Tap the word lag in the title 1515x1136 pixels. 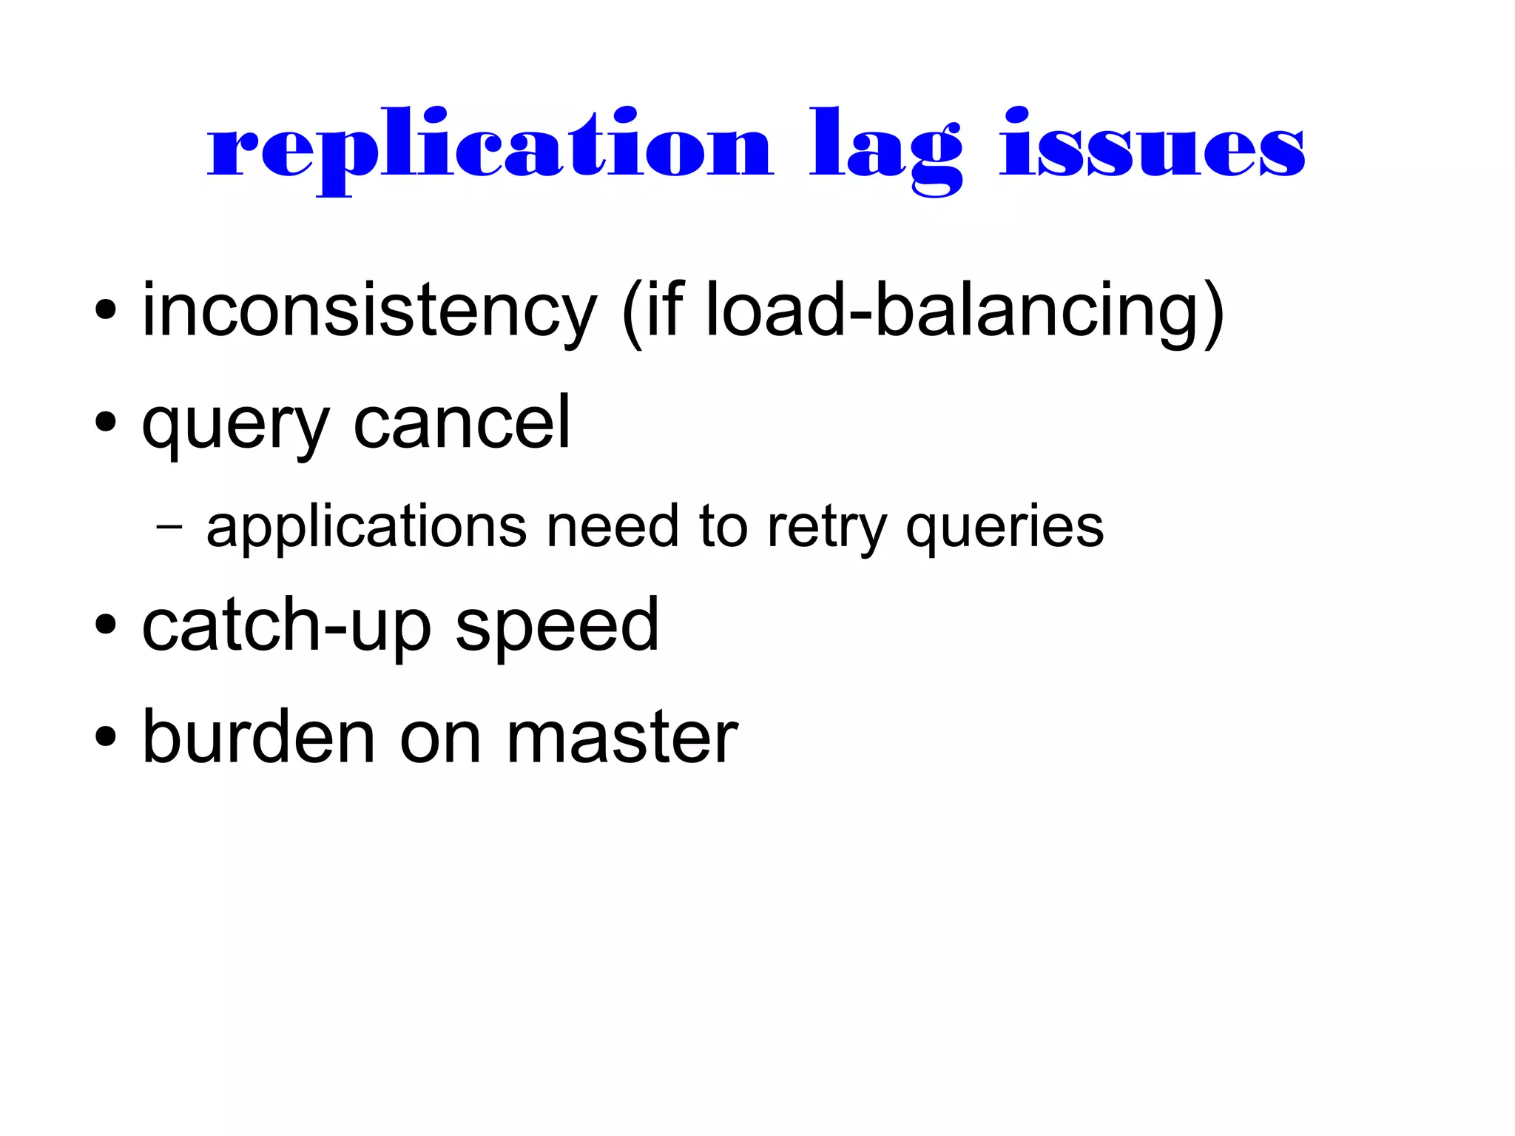pyautogui.click(x=885, y=148)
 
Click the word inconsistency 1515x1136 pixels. pyautogui.click(x=368, y=311)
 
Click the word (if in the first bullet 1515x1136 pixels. pyautogui.click(x=654, y=311)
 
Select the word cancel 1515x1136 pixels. pyautogui.click(x=462, y=422)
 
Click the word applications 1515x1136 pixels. pyautogui.click(x=366, y=527)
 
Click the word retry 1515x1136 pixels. pyautogui.click(x=826, y=527)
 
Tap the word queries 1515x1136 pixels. pyautogui.click(x=1005, y=527)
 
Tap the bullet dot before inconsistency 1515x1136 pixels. pyautogui.click(x=106, y=310)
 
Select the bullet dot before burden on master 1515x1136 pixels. pyautogui.click(x=106, y=736)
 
